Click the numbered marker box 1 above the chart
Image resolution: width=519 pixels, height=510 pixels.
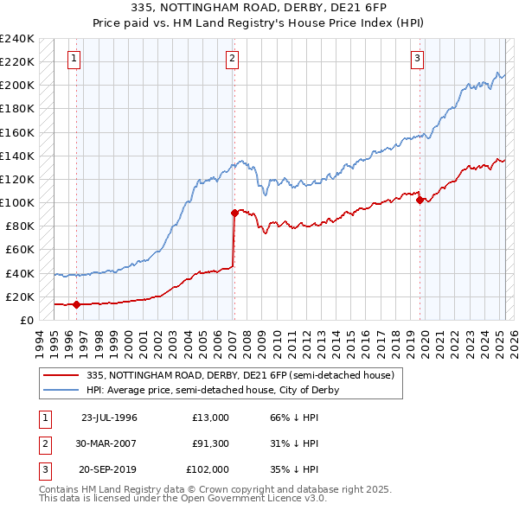tap(74, 59)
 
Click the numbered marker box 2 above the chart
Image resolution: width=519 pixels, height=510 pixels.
tap(234, 59)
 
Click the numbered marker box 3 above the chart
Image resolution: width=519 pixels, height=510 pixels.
tap(418, 59)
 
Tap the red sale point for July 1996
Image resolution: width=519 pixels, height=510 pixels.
tap(77, 304)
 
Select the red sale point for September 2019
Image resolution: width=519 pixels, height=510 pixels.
tap(420, 200)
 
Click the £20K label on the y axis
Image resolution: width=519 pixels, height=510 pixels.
tap(21, 296)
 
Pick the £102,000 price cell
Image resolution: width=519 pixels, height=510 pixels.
tap(208, 471)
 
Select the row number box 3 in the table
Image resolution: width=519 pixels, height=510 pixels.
tap(43, 471)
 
